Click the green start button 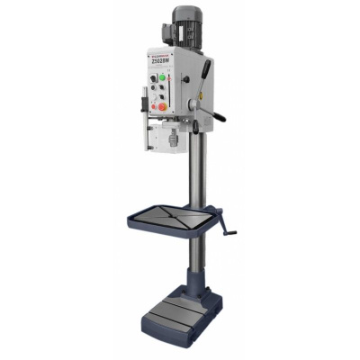point(163,81)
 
